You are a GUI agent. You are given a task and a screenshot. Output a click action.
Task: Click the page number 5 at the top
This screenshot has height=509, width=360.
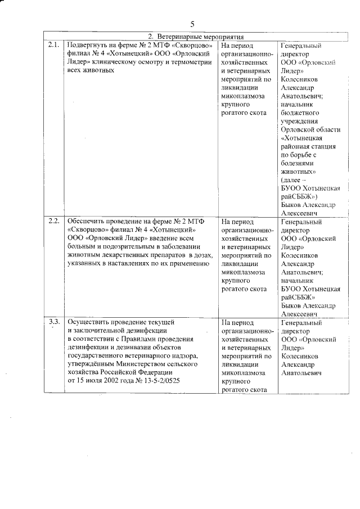(192, 24)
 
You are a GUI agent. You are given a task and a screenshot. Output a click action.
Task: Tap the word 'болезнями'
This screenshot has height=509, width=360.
(296, 163)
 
